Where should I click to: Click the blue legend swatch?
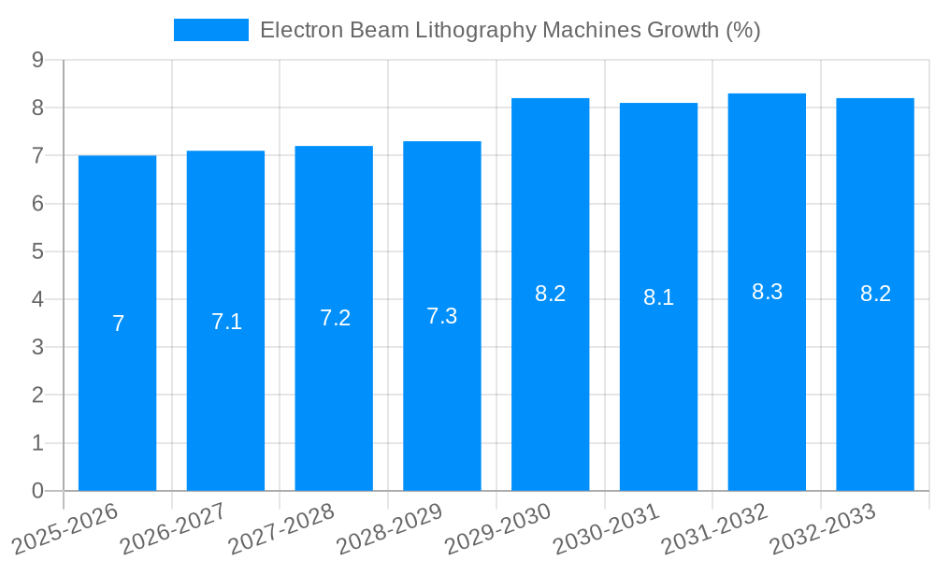210,30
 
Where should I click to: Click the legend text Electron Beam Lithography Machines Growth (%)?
510,30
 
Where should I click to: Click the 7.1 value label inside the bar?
226,322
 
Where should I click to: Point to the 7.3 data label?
442,316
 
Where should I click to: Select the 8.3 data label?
767,292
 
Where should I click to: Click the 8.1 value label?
658,297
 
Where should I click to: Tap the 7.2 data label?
335,318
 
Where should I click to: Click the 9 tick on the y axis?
37,60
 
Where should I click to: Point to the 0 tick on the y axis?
37,491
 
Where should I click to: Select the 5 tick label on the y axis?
37,252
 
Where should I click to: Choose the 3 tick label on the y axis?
37,347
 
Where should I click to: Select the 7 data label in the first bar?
118,324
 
